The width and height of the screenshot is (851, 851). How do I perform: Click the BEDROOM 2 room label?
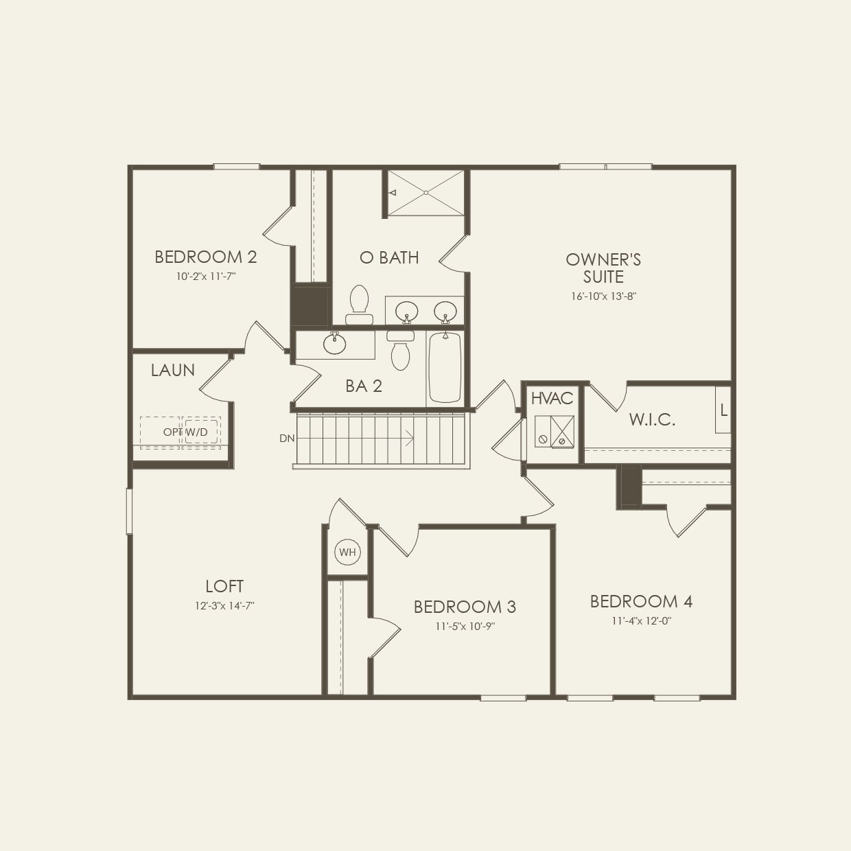pyautogui.click(x=205, y=257)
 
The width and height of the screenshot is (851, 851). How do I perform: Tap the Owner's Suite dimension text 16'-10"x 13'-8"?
pyautogui.click(x=603, y=296)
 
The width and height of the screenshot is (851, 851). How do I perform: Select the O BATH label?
pyautogui.click(x=389, y=257)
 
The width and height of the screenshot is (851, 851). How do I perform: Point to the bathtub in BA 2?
pyautogui.click(x=445, y=367)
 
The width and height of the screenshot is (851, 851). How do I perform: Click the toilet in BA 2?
pyautogui.click(x=400, y=350)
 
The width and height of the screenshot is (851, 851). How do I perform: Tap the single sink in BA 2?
pyautogui.click(x=335, y=343)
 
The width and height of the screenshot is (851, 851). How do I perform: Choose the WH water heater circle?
pyautogui.click(x=347, y=552)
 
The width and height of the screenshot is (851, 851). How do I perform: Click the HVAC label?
pyautogui.click(x=552, y=399)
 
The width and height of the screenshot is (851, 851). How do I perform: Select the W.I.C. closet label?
pyautogui.click(x=652, y=419)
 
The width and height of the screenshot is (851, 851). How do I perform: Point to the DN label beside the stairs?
pyautogui.click(x=286, y=438)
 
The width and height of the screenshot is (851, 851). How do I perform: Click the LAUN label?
pyautogui.click(x=173, y=371)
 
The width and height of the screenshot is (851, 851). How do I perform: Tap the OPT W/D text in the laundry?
pyautogui.click(x=185, y=432)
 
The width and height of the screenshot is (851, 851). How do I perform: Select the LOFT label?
pyautogui.click(x=224, y=587)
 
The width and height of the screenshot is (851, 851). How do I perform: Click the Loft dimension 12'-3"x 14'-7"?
pyautogui.click(x=224, y=606)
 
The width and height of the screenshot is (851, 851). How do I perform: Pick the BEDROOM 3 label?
pyautogui.click(x=465, y=607)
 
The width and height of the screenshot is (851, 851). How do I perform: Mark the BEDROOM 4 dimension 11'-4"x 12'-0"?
pyautogui.click(x=641, y=621)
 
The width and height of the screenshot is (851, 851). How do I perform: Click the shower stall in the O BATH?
pyautogui.click(x=426, y=193)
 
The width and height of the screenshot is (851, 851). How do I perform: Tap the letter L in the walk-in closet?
pyautogui.click(x=723, y=411)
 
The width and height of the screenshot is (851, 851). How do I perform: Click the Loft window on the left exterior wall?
pyautogui.click(x=129, y=511)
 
